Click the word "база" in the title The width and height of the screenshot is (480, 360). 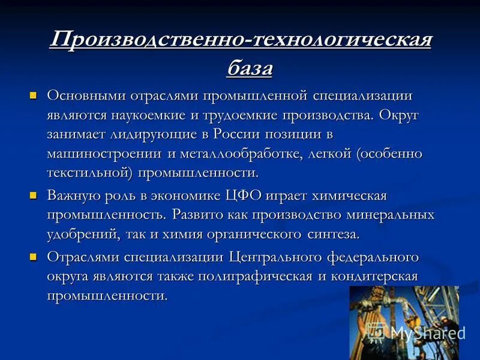[x=250, y=68]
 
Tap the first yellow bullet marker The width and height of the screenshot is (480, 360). [x=34, y=95]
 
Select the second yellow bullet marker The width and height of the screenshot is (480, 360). [x=34, y=195]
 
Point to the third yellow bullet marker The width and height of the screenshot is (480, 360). [x=34, y=256]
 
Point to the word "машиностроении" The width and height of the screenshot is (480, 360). [x=104, y=154]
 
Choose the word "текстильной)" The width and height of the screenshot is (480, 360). [x=90, y=173]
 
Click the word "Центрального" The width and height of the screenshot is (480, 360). [x=276, y=257]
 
